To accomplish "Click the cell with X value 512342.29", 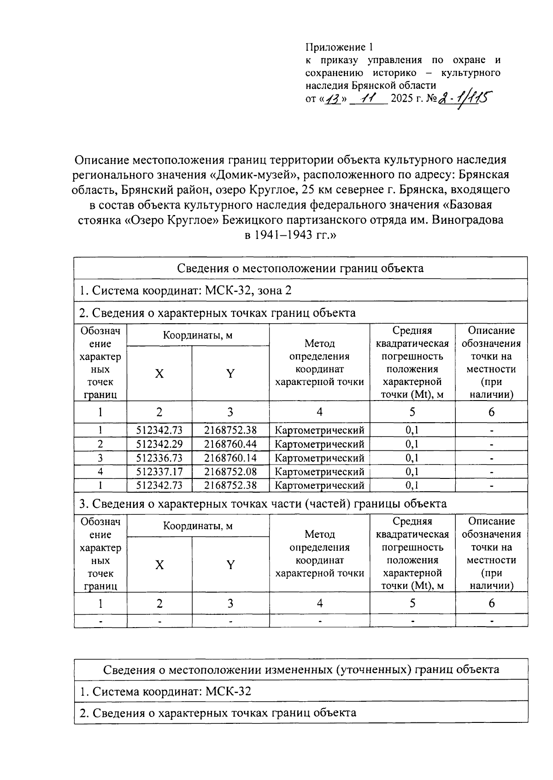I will [159, 444].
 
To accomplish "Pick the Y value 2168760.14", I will [230, 458].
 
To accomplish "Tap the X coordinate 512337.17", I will [159, 471].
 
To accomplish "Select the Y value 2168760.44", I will [230, 444].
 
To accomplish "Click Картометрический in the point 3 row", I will [319, 458].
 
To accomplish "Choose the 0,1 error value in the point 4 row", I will [412, 471].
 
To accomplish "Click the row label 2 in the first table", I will [100, 444].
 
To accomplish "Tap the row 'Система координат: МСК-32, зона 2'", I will [185, 291].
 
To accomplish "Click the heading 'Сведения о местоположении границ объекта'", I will [300, 268].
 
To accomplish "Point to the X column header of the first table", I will [159, 373].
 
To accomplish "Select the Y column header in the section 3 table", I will [230, 565].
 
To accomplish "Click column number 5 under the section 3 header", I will [412, 603].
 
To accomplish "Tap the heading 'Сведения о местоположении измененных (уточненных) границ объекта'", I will [300, 669].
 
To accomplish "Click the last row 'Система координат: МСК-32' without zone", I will [165, 691].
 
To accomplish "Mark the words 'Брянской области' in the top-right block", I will [394, 85].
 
